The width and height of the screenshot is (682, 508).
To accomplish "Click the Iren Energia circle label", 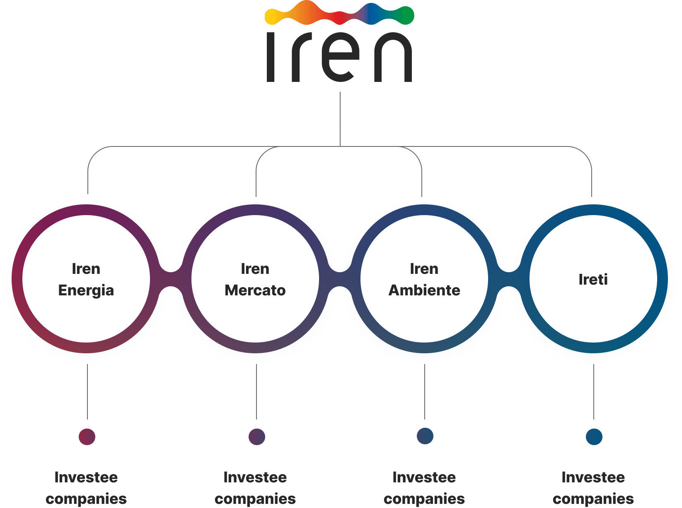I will click(x=86, y=280).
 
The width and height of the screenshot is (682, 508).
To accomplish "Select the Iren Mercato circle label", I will click(x=255, y=280).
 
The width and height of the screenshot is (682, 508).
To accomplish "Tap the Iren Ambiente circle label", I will click(x=424, y=280).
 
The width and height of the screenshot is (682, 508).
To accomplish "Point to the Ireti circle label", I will click(x=593, y=280).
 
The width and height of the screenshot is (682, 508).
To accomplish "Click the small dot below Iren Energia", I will click(x=87, y=436).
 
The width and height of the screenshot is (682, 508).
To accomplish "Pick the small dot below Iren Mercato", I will click(x=256, y=436).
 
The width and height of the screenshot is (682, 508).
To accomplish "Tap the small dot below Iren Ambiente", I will click(x=425, y=436).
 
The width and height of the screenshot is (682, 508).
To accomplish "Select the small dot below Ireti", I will click(x=594, y=436).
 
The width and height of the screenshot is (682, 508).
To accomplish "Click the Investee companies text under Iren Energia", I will click(x=86, y=488).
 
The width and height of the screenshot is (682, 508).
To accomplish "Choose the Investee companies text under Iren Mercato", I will click(x=255, y=488).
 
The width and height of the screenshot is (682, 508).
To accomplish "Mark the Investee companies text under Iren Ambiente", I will click(x=424, y=488).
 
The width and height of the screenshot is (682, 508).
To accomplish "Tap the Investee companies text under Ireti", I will click(x=593, y=488).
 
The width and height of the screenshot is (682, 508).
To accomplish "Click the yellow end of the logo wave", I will click(x=271, y=17).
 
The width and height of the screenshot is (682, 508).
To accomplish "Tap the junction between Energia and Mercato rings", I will click(x=171, y=279).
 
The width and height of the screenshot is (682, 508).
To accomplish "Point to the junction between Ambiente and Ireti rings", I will click(x=509, y=279).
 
